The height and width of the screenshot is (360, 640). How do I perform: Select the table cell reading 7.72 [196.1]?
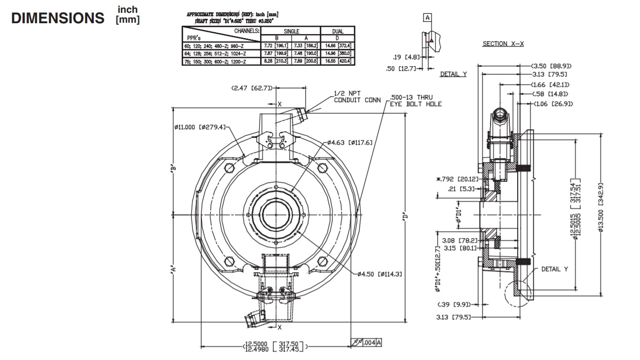(x=276, y=45)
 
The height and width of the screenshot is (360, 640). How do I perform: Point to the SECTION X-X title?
(x=503, y=44)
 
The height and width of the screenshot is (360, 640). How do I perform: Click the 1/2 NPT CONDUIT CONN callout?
(x=357, y=96)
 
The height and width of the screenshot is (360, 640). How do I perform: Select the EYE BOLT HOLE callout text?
(x=415, y=104)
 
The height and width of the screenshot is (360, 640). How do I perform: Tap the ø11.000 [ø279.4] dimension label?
(x=199, y=127)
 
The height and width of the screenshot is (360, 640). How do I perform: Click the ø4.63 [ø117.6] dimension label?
(x=349, y=143)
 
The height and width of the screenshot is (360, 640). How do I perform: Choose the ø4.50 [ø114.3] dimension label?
(x=380, y=274)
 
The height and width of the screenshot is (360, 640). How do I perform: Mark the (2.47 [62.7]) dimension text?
(x=251, y=88)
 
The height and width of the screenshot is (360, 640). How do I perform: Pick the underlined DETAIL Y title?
(x=453, y=75)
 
